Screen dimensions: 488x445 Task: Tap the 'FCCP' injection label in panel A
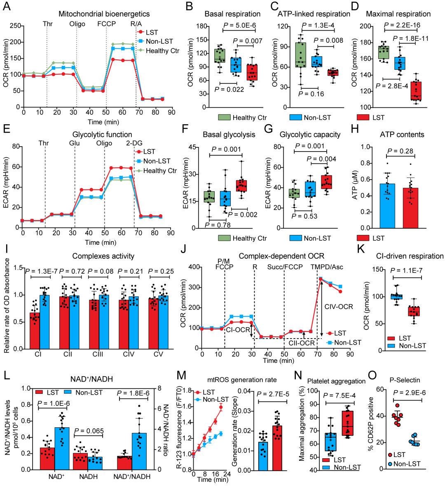point(106,24)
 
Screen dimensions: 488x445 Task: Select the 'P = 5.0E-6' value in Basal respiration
point(239,26)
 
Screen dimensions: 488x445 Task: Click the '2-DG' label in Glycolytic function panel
point(134,143)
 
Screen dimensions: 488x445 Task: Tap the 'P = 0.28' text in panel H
point(400,151)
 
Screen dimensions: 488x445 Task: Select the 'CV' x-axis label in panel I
point(158,354)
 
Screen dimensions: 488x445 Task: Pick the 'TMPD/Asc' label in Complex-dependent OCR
point(327,267)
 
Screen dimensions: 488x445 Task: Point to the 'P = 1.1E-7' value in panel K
point(406,271)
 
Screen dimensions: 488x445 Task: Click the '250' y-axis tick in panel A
point(15,26)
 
